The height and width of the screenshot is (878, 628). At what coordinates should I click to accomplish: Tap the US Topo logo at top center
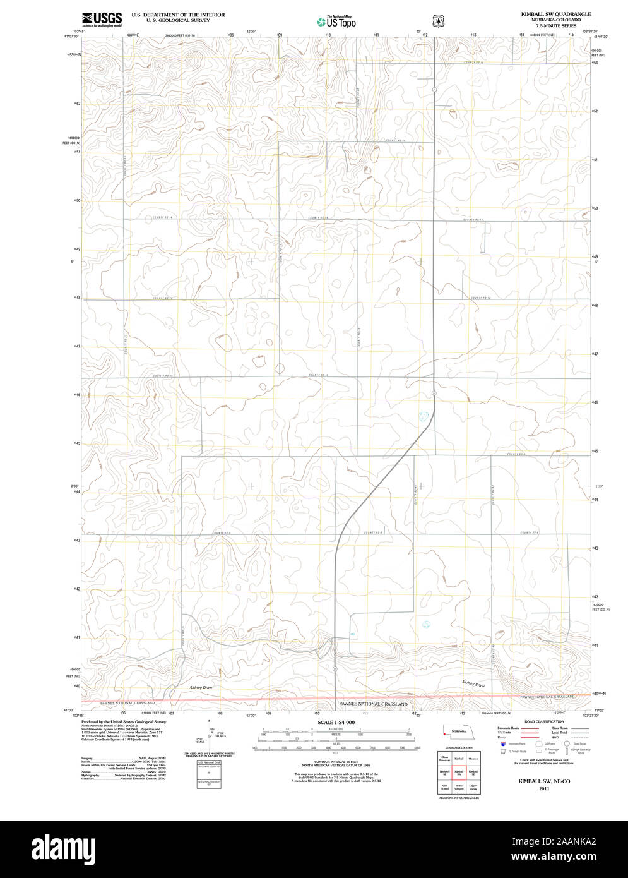(336, 21)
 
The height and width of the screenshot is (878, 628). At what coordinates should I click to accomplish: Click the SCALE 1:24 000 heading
(336, 722)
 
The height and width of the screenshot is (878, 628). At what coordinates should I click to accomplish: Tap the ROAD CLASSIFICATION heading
(544, 721)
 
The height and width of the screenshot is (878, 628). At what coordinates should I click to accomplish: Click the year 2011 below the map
(544, 789)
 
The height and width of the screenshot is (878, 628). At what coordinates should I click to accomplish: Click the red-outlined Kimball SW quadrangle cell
(459, 772)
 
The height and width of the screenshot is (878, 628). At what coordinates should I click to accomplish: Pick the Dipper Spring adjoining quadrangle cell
(473, 787)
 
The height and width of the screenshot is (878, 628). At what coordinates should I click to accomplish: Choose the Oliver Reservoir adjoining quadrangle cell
(444, 757)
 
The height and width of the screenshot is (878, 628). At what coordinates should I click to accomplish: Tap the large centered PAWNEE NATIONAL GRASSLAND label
(373, 704)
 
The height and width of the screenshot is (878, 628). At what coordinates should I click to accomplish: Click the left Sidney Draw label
(201, 687)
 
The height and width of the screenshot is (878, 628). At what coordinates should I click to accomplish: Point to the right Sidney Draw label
(473, 684)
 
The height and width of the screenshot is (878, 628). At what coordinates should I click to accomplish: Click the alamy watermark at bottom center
(314, 848)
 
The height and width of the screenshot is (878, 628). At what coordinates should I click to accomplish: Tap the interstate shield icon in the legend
(503, 744)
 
